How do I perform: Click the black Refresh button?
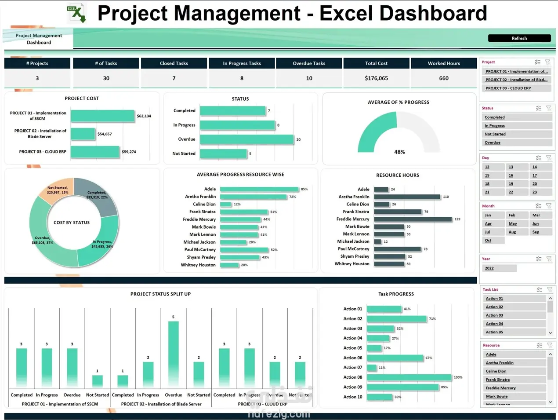pos(519,38)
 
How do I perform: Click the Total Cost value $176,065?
pos(376,78)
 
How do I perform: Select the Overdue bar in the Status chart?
pos(246,139)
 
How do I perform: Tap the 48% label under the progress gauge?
pos(399,152)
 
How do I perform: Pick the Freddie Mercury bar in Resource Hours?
pos(413,219)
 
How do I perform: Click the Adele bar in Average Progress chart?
pos(259,189)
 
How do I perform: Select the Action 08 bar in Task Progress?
pos(409,377)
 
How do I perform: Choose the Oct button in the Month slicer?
pos(488,241)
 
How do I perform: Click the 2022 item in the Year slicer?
pos(489,268)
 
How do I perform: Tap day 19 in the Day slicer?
pos(511,184)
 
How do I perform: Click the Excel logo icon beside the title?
pos(76,13)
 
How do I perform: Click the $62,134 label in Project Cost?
pos(144,116)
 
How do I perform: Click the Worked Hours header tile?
pos(444,63)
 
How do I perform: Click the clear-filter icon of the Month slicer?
pos(549,206)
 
